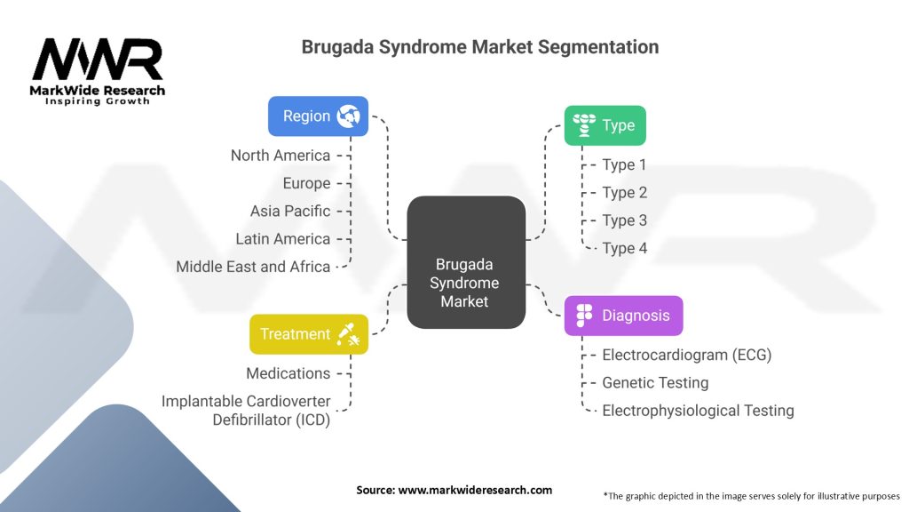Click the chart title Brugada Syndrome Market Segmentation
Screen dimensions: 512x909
[479, 46]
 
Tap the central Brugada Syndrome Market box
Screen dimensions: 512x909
[466, 284]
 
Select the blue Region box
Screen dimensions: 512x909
[318, 116]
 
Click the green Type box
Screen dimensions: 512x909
[605, 125]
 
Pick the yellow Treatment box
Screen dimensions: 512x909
[308, 334]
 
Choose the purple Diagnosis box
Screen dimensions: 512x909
[623, 316]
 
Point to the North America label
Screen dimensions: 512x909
[280, 156]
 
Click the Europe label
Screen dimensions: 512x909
[305, 183]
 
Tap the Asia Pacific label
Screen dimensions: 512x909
[289, 211]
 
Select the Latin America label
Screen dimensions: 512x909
[282, 238]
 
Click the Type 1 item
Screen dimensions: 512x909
[624, 164]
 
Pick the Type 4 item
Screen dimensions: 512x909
[624, 248]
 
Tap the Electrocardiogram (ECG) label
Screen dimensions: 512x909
[686, 355]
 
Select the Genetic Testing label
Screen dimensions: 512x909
[655, 382]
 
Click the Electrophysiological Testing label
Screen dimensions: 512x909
[698, 411]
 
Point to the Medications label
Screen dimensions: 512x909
[289, 373]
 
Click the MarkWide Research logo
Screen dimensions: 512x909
[98, 71]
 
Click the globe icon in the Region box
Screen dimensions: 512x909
[347, 116]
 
